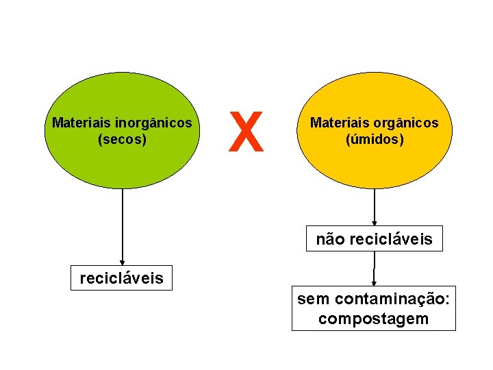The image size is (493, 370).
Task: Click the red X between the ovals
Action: (x=246, y=132)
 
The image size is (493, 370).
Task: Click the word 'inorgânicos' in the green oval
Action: (x=153, y=124)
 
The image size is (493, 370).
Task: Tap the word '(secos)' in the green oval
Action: (x=123, y=139)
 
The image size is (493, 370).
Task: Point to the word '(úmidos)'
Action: (x=375, y=139)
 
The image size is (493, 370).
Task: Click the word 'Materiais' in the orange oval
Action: (x=340, y=123)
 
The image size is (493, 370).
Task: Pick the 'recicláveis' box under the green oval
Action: (x=122, y=278)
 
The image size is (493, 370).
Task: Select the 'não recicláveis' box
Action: (x=374, y=239)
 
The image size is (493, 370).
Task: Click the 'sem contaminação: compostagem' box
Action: (x=374, y=309)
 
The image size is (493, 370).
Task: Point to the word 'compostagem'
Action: (x=374, y=319)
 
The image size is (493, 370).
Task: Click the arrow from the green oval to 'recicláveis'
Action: (x=122, y=226)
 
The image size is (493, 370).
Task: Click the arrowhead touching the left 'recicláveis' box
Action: (x=122, y=262)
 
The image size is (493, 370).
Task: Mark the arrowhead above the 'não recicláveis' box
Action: (x=375, y=221)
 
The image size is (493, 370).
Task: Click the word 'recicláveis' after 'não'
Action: (x=391, y=239)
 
